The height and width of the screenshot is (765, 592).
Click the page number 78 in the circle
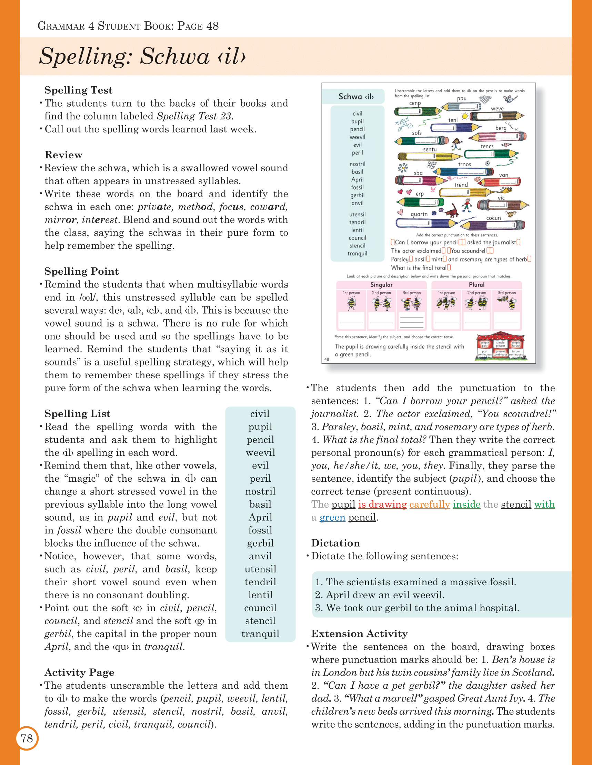(x=27, y=738)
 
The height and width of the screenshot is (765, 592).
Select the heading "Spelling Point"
(x=82, y=271)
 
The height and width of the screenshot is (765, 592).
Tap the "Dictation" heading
(x=335, y=543)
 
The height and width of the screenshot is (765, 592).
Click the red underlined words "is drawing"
(x=382, y=504)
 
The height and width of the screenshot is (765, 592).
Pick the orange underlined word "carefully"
(x=430, y=504)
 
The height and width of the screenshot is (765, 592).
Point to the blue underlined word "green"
(x=332, y=517)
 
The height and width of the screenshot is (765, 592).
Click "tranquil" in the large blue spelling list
(x=260, y=634)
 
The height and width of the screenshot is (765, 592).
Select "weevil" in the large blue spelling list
(x=260, y=453)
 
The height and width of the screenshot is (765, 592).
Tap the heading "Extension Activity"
(x=359, y=634)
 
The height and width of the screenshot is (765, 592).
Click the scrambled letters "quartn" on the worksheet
(x=419, y=214)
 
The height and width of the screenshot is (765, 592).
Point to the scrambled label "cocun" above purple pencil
(x=493, y=218)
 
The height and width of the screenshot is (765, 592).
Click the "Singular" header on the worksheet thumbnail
(x=381, y=285)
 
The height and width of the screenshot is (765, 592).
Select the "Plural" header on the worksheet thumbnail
(x=476, y=285)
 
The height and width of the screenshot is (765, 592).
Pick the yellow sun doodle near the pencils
(x=464, y=116)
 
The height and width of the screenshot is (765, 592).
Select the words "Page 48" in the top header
(x=198, y=26)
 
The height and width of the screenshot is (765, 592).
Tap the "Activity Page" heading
(x=79, y=673)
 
